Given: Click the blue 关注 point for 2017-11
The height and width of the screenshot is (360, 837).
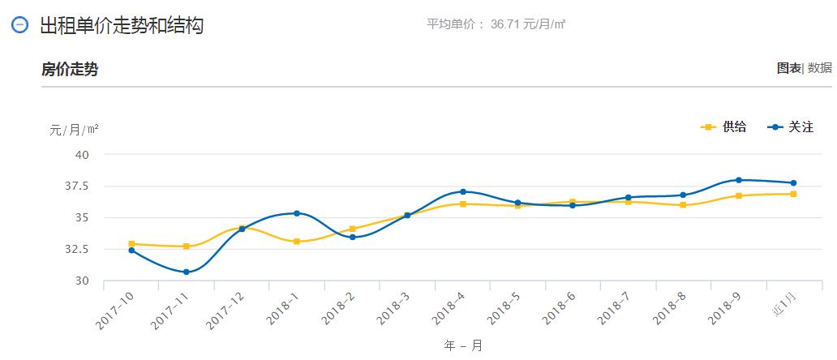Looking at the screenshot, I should [x=187, y=272].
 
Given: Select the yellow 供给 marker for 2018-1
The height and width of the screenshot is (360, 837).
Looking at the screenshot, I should [x=297, y=242].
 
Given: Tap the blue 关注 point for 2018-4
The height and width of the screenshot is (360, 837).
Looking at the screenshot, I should [x=462, y=191].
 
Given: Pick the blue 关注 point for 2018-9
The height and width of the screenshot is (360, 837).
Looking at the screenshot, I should [x=738, y=180].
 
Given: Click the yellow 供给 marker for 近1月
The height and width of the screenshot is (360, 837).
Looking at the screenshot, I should [x=793, y=194].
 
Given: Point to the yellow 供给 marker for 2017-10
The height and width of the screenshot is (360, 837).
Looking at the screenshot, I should [x=131, y=243].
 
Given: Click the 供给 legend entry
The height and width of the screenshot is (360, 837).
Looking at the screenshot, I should [x=723, y=127].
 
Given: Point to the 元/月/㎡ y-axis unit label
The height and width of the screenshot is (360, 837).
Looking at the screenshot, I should [x=74, y=130].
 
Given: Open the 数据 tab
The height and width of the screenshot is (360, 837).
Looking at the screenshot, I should [x=819, y=68].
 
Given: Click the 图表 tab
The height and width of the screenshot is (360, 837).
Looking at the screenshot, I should [x=788, y=68].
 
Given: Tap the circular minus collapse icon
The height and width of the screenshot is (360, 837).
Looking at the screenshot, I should [x=20, y=25].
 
